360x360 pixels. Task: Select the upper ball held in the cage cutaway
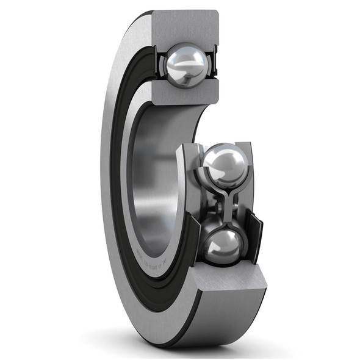[225, 165]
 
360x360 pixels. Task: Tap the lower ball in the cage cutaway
[223, 244]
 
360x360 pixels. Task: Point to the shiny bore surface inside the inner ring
[146, 183]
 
